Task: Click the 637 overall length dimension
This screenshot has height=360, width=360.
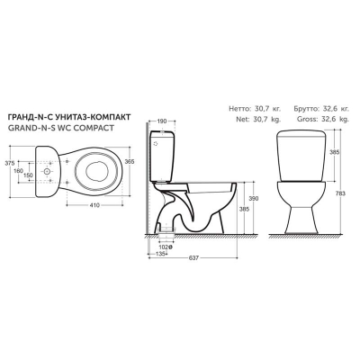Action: [x=194, y=258]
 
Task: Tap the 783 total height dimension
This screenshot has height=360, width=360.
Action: [x=340, y=193]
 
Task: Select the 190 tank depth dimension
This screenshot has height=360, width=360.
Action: [x=162, y=121]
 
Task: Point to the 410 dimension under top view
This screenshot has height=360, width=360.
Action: [x=94, y=205]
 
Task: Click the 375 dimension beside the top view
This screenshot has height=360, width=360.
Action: [x=10, y=163]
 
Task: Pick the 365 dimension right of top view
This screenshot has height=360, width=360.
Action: [x=130, y=161]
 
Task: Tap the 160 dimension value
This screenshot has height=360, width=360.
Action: [x=19, y=171]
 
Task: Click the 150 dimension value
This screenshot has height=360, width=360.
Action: [x=28, y=175]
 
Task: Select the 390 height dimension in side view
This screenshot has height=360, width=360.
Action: [x=254, y=199]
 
